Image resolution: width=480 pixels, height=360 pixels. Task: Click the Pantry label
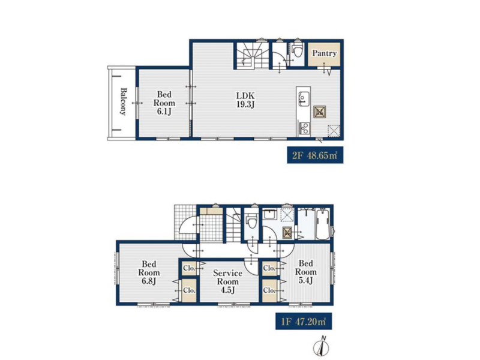tap(324, 53)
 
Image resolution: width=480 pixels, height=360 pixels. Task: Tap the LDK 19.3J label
tap(245, 100)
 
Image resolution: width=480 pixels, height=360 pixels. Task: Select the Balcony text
tap(123, 101)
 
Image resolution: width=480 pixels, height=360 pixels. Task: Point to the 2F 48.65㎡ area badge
tap(315, 155)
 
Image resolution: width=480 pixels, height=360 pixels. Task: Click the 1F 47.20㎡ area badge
tap(304, 322)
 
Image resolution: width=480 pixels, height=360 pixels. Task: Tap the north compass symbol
tap(322, 346)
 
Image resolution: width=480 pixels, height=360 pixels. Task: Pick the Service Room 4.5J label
tap(227, 281)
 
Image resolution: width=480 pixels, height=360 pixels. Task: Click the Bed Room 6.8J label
tap(149, 272)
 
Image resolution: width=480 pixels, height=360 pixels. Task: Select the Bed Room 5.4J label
tap(305, 272)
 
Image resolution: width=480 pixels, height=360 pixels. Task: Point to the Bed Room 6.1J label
tap(164, 103)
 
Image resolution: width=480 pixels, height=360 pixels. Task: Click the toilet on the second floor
tap(297, 50)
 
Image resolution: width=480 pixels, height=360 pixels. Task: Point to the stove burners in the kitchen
tap(304, 128)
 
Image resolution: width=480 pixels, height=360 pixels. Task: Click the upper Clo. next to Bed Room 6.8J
tap(189, 268)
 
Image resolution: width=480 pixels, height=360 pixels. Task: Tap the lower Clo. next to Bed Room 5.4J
tap(269, 290)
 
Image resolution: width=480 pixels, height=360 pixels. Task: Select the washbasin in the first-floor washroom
tap(270, 215)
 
